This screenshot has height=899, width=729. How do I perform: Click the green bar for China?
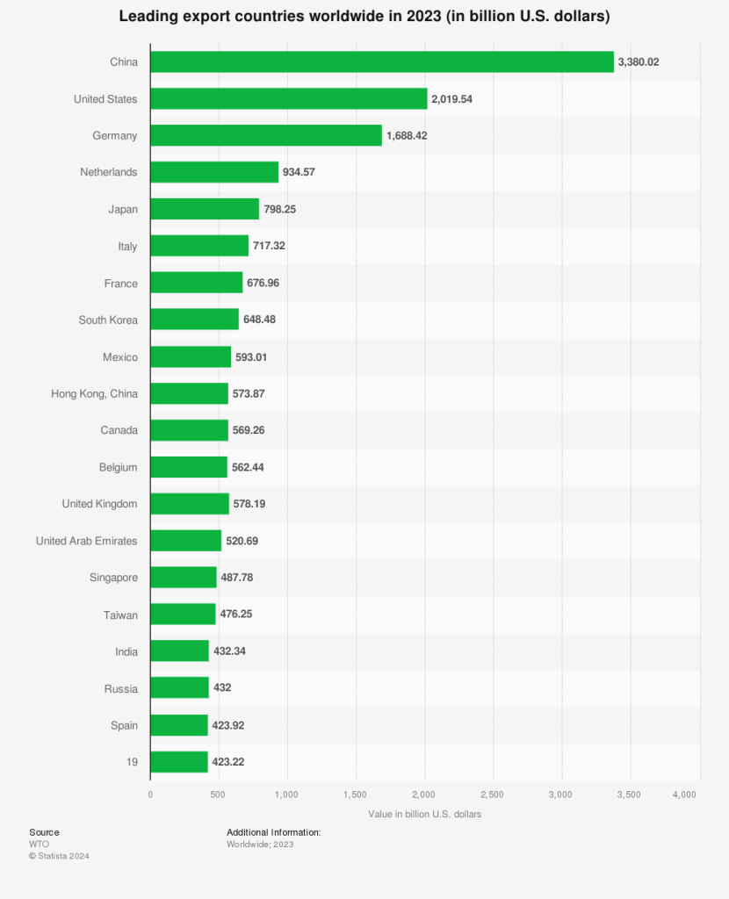382,61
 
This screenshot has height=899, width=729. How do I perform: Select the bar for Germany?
266,135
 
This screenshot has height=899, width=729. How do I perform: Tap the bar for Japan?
205,209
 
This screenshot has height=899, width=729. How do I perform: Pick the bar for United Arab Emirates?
185,541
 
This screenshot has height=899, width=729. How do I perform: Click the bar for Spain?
179,725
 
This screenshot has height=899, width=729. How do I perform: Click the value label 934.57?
299,172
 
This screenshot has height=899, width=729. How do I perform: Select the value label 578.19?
249,504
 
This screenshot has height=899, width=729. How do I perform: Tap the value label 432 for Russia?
222,688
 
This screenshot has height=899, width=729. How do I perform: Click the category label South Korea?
108,320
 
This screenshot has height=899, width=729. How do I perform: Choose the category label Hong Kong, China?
94,393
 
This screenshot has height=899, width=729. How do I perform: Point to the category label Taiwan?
120,615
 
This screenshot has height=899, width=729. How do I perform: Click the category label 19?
131,762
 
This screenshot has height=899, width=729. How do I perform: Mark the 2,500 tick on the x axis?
493,795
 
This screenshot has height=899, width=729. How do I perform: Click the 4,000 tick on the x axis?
684,795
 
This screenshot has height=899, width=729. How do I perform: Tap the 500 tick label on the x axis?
219,795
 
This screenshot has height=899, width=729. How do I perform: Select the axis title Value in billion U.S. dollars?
425,814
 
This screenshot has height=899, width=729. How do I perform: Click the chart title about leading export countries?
364,17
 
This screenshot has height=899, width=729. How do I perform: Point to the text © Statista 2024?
59,856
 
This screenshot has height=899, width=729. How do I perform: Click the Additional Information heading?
273,832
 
